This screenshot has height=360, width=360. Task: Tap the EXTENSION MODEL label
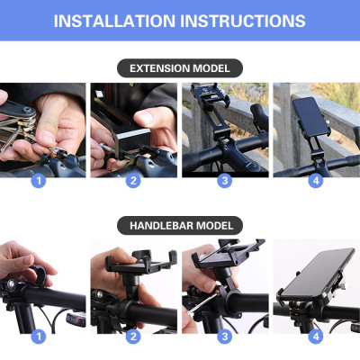click(180, 68)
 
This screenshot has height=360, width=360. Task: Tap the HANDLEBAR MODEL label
click(180, 225)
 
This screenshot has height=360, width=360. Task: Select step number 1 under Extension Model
click(38, 180)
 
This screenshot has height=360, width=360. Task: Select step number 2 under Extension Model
click(133, 180)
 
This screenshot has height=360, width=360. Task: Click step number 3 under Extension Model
click(225, 180)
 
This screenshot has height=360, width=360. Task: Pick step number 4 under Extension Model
click(316, 180)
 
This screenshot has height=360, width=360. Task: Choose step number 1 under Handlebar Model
click(38, 337)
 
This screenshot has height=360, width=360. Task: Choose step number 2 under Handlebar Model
click(133, 337)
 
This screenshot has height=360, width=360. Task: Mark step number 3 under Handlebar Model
click(225, 337)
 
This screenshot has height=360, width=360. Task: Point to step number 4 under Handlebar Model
click(316, 337)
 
